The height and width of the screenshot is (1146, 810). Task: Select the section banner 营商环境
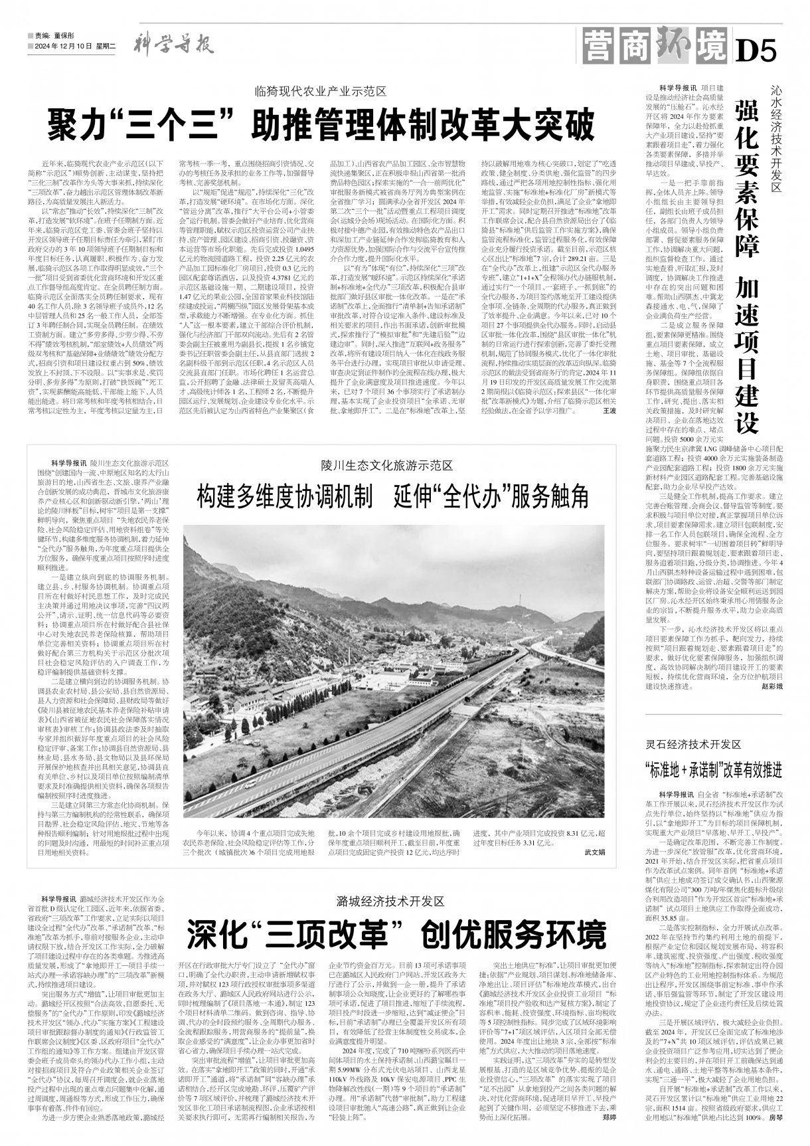coord(655,45)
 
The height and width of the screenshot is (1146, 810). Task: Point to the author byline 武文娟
coord(595,851)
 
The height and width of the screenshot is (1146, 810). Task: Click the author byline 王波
coord(609,429)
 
